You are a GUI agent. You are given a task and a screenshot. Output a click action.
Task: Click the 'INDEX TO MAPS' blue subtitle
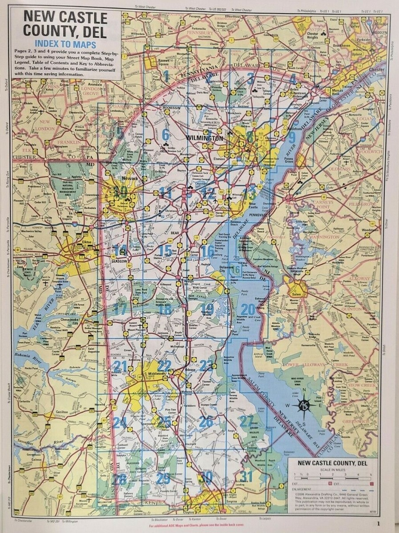click(67, 44)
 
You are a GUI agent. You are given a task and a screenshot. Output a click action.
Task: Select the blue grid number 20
click(248, 310)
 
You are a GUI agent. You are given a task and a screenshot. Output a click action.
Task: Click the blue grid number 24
click(120, 422)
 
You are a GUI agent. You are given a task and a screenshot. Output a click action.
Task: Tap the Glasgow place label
click(121, 261)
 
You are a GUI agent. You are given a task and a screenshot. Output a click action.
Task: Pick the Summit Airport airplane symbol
click(142, 319)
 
